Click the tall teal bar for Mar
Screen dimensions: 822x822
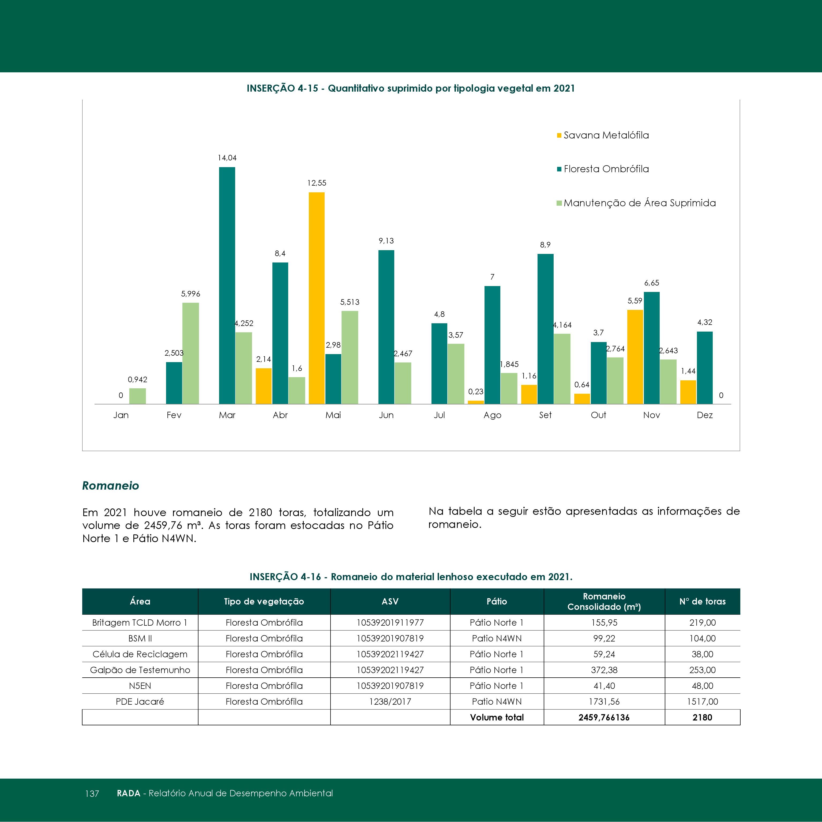227,286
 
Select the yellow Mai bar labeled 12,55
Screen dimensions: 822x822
317,298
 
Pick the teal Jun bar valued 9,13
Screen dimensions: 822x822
386,327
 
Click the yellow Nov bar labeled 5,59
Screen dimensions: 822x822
635,357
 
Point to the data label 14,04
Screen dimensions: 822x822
227,158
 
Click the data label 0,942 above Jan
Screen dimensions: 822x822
137,380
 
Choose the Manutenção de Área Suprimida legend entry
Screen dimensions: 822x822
636,203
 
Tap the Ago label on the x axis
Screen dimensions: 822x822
492,415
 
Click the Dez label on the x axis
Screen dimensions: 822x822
705,415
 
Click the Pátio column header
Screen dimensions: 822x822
497,601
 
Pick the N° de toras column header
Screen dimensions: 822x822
703,601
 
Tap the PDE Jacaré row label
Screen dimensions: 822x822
140,701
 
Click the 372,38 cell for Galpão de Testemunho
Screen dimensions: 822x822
604,670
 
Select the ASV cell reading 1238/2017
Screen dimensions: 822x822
390,701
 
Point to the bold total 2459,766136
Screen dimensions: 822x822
604,717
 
